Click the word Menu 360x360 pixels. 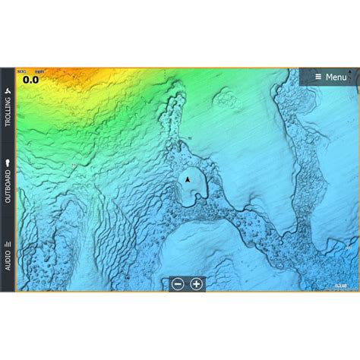pyautogui.click(x=336, y=77)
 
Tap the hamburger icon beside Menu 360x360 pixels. pyautogui.click(x=317, y=77)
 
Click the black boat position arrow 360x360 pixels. pyautogui.click(x=187, y=179)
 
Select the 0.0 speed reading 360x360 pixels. pyautogui.click(x=30, y=77)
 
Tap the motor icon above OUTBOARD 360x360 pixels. pyautogui.click(x=8, y=162)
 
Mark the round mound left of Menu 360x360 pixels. pyautogui.click(x=225, y=97)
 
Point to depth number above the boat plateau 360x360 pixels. pyautogui.click(x=190, y=138)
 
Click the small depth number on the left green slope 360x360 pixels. pyautogui.click(x=74, y=164)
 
